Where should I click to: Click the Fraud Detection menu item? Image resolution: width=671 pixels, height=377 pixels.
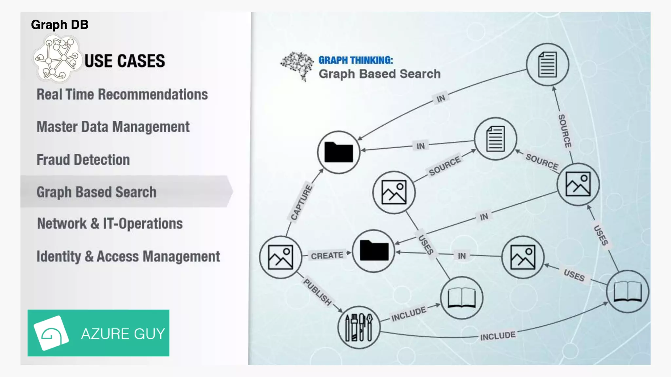click(83, 160)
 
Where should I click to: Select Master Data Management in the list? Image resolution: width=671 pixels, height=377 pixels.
click(113, 127)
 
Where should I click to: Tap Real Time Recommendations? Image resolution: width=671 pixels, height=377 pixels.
click(122, 95)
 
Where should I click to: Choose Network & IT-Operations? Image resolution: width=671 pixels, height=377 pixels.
click(110, 224)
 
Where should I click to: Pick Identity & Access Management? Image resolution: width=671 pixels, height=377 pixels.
click(128, 257)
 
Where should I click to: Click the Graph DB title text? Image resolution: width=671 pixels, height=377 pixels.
click(60, 25)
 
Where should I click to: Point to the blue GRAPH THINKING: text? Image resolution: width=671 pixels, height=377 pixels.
click(355, 60)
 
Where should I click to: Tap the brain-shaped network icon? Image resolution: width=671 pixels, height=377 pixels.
click(297, 66)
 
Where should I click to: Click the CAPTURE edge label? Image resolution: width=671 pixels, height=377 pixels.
click(302, 202)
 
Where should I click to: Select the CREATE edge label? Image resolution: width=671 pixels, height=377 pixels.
click(327, 255)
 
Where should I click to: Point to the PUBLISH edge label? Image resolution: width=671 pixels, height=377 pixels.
click(317, 292)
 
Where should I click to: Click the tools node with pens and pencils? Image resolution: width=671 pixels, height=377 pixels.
click(359, 327)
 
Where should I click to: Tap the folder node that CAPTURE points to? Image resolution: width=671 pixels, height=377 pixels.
click(339, 152)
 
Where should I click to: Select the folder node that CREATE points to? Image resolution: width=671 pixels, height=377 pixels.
click(374, 251)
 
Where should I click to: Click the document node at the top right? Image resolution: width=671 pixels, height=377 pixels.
click(547, 64)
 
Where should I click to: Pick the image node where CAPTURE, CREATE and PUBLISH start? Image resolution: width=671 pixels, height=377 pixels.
click(280, 257)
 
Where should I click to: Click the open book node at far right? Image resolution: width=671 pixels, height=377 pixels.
click(627, 291)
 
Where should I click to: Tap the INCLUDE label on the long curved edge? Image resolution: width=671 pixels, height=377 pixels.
click(498, 336)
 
